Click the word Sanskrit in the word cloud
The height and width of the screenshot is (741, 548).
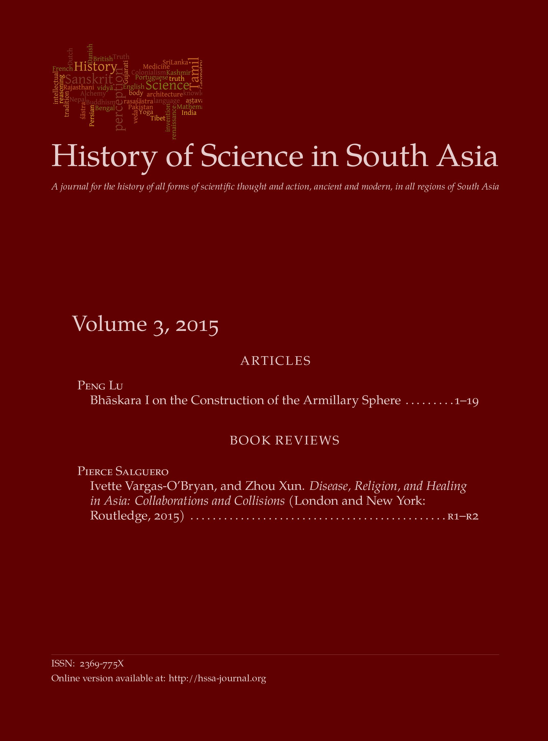[89, 80]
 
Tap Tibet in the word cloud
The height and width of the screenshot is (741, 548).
[158, 118]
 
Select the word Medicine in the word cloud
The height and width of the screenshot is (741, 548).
[156, 67]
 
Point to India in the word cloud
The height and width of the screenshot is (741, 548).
[189, 113]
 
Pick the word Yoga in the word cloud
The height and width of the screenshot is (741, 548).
[146, 112]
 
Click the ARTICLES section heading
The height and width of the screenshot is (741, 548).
[275, 361]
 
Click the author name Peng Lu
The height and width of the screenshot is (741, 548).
[100, 385]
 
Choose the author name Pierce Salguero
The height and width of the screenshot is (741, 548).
[123, 471]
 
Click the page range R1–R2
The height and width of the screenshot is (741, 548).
[463, 516]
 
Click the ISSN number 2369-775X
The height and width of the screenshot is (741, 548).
[102, 663]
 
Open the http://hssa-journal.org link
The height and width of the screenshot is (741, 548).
[217, 678]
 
